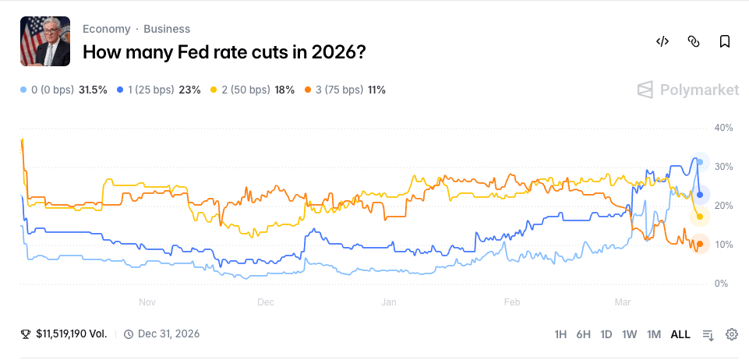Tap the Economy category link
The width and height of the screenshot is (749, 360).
[x=106, y=29]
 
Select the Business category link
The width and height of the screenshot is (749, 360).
[x=167, y=29]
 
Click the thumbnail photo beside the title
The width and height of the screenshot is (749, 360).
[x=44, y=41]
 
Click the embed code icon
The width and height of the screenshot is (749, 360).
[x=662, y=41]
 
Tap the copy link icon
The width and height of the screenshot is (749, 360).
[x=694, y=41]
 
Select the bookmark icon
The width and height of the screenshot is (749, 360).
[x=725, y=41]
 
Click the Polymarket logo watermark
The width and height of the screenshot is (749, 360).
[x=688, y=90]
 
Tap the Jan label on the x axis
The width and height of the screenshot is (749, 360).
[x=389, y=302]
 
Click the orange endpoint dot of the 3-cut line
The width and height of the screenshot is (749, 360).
[x=700, y=244]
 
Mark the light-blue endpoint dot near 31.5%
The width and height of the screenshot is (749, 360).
[x=700, y=162]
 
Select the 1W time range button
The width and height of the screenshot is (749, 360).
[x=630, y=334]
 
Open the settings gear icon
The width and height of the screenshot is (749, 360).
[x=732, y=334]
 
